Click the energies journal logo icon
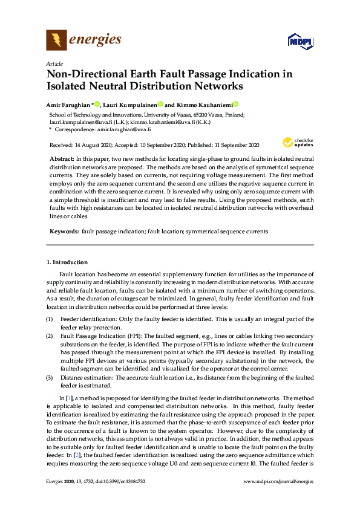[56, 41]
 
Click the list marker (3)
[50, 377]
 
